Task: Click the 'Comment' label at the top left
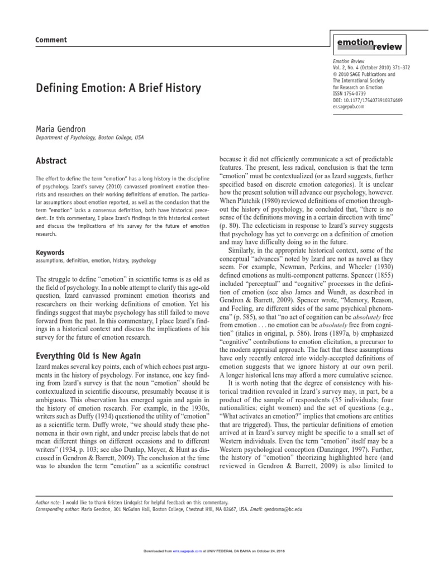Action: point(51,40)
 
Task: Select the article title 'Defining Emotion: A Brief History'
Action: point(118,88)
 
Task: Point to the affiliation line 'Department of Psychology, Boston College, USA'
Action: point(89,138)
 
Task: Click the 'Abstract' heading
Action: point(51,161)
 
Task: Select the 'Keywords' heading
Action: point(50,252)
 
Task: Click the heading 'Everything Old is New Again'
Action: point(88,356)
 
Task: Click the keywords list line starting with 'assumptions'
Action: point(96,260)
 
